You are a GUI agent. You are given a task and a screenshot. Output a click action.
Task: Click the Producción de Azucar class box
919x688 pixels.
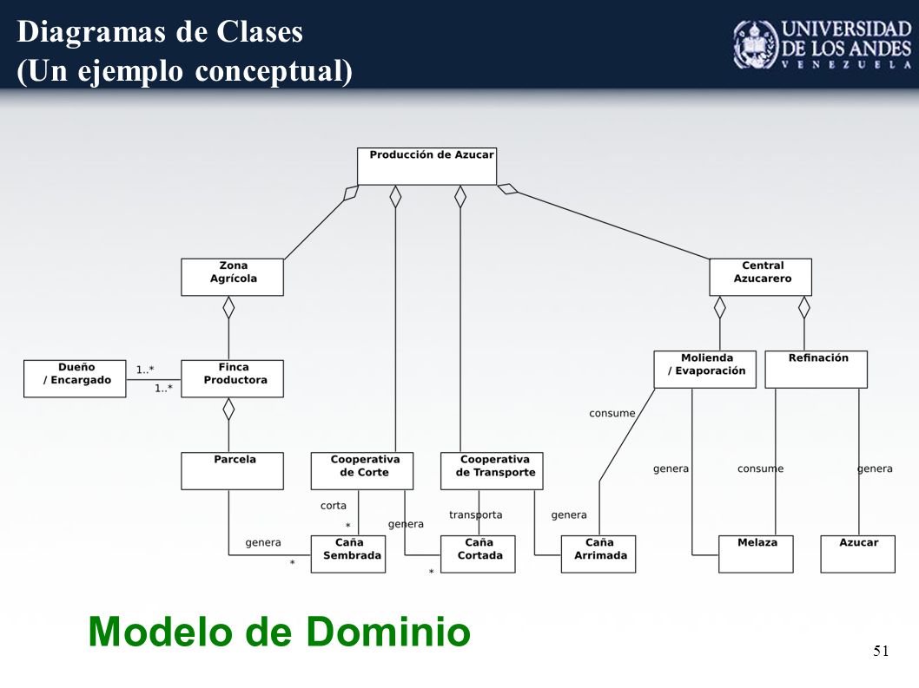tap(426, 167)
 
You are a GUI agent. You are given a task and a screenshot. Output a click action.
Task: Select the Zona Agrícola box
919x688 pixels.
tap(232, 277)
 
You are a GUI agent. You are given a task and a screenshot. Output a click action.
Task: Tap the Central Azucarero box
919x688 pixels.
tap(760, 277)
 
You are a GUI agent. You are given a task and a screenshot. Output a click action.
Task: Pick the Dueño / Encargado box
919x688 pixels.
tap(75, 379)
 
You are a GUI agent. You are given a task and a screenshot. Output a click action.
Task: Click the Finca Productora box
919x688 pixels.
tap(232, 379)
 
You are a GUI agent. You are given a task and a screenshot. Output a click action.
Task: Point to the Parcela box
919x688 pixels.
tap(232, 471)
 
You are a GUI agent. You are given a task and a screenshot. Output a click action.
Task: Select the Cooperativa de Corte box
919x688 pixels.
tap(362, 471)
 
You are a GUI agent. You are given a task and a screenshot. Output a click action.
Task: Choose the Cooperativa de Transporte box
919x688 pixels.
tap(492, 471)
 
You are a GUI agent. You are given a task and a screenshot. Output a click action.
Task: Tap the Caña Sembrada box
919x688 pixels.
tap(348, 554)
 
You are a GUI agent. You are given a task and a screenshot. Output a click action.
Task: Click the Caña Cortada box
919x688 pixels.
tap(478, 554)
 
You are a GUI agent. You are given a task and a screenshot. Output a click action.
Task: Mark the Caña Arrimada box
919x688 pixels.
tap(598, 554)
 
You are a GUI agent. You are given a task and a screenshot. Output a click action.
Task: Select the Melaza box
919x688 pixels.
tap(756, 554)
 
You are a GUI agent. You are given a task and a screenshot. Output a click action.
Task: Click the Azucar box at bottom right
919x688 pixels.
tap(858, 554)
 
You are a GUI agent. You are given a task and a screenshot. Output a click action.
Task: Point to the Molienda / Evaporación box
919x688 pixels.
tap(705, 370)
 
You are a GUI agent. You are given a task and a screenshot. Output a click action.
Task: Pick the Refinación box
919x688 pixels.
tap(817, 370)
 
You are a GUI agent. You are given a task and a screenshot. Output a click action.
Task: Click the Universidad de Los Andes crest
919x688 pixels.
tap(756, 45)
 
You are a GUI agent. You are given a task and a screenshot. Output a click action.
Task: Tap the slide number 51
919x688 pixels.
tap(881, 651)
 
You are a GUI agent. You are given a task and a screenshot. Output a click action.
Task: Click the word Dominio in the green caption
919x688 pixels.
tap(388, 632)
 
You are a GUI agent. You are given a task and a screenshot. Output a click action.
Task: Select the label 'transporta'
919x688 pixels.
tap(475, 514)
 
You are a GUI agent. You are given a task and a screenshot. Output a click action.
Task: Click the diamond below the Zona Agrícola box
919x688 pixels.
tap(228, 307)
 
